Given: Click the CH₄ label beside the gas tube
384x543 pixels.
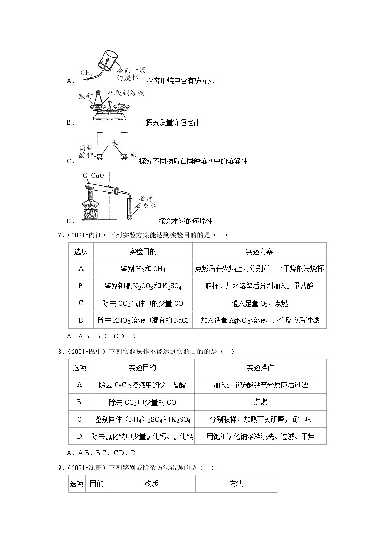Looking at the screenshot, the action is (x=87, y=73).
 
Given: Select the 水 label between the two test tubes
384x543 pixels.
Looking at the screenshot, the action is (x=114, y=143).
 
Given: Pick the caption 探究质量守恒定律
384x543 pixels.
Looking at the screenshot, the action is (x=173, y=123).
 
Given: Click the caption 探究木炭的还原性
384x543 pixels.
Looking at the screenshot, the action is (x=185, y=221).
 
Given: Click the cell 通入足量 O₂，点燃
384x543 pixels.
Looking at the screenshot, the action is (x=259, y=303).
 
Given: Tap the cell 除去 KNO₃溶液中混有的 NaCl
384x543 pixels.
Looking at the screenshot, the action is (x=143, y=320).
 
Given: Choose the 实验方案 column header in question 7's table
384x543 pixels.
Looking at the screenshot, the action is (x=259, y=252).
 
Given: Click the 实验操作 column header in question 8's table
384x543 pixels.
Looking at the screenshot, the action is (x=260, y=368).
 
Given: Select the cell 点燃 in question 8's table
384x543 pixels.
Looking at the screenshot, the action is (x=260, y=402).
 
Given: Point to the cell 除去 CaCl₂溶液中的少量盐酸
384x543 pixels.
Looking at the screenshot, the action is (x=143, y=385).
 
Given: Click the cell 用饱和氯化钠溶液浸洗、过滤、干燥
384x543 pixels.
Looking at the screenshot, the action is (x=260, y=437).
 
